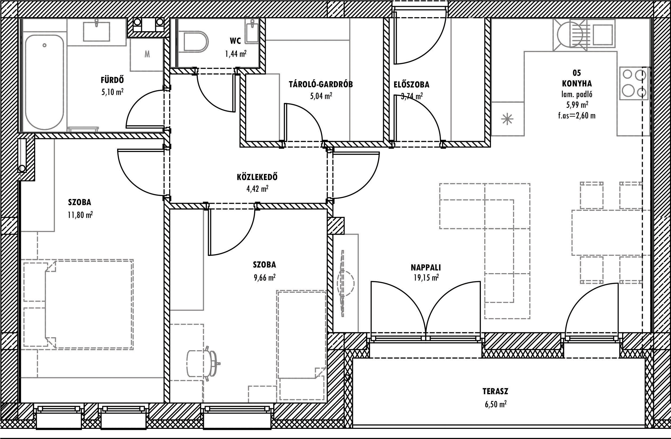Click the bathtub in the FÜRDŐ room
click(44, 82)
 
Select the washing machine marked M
click(147, 54)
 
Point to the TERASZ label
click(495, 391)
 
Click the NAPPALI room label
click(426, 268)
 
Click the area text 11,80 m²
click(80, 215)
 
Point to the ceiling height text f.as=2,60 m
click(577, 115)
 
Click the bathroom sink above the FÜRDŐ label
click(96, 31)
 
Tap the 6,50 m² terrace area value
click(495, 405)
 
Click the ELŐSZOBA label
click(411, 85)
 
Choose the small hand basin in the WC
click(253, 31)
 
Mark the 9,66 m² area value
click(264, 278)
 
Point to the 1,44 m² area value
click(236, 54)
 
